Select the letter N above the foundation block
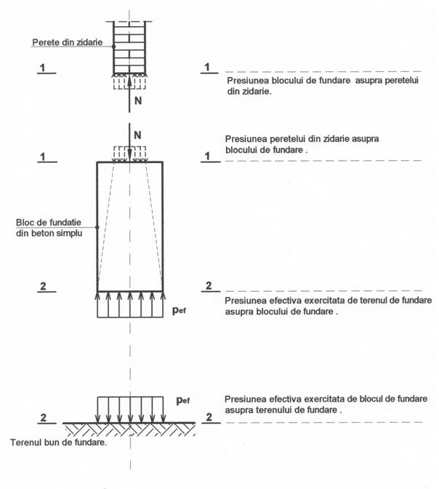click(x=138, y=134)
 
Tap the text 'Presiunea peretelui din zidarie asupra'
click(x=299, y=138)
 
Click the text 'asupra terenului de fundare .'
click(x=283, y=410)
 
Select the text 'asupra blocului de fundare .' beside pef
click(x=282, y=311)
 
